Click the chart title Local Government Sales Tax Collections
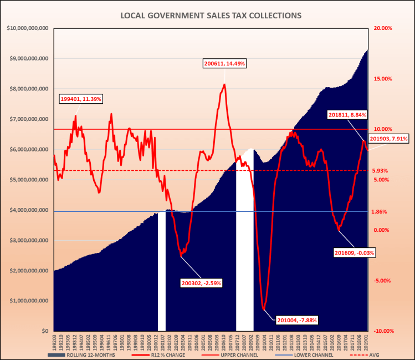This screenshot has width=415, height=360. click(x=211, y=16)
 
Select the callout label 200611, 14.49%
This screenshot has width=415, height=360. click(x=224, y=64)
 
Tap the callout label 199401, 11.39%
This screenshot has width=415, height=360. click(x=81, y=99)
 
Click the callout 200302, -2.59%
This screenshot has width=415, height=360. click(x=202, y=283)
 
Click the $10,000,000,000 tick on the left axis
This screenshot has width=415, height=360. click(x=27, y=28)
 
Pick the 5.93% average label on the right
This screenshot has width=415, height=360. click(x=380, y=171)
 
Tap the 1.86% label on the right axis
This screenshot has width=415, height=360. click(x=380, y=212)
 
